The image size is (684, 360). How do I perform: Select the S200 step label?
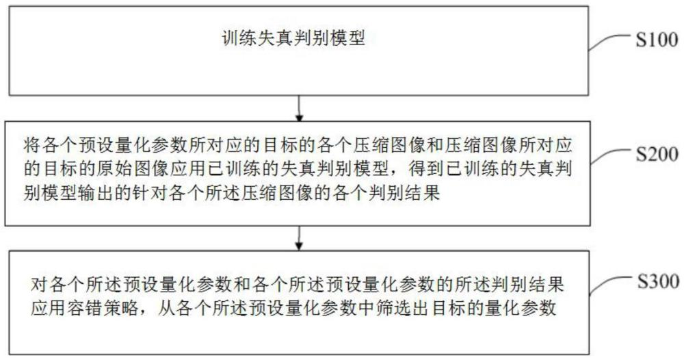coord(655,154)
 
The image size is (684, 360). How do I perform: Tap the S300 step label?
coord(655,280)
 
